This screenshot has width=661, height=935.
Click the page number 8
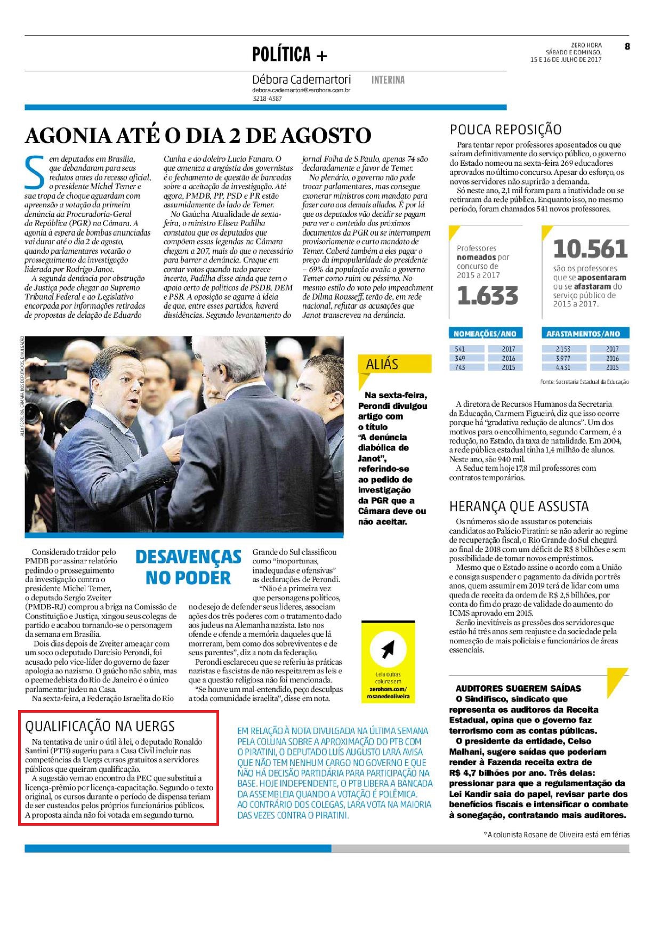pyautogui.click(x=627, y=46)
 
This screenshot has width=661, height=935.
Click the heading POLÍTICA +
pyautogui.click(x=289, y=55)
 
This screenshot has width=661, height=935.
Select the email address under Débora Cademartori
pyautogui.click(x=301, y=91)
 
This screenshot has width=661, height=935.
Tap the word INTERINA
pyautogui.click(x=388, y=80)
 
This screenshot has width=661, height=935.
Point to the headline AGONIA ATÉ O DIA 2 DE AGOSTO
pyautogui.click(x=198, y=135)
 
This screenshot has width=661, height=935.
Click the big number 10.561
pyautogui.click(x=590, y=249)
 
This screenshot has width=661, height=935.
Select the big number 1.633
pyautogui.click(x=487, y=296)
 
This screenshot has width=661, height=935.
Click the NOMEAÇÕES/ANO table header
pyautogui.click(x=485, y=334)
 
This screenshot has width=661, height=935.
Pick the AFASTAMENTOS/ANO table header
pyautogui.click(x=583, y=334)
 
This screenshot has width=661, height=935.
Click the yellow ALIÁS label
pyautogui.click(x=382, y=365)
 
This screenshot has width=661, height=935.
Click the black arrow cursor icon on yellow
pyautogui.click(x=388, y=649)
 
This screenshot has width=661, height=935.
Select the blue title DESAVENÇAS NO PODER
pyautogui.click(x=188, y=567)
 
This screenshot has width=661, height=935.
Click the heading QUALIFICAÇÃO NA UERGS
pyautogui.click(x=100, y=726)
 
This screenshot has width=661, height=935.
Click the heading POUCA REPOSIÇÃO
pyautogui.click(x=505, y=130)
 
